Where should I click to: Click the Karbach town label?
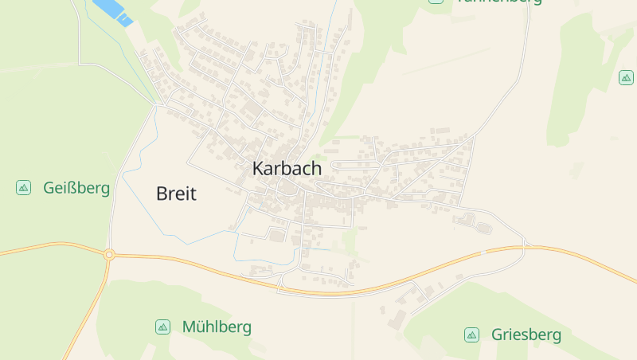click(x=287, y=169)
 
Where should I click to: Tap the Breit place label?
click(x=176, y=194)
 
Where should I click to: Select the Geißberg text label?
click(x=76, y=188)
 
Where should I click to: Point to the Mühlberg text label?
click(x=217, y=327)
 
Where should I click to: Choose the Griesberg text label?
click(x=526, y=335)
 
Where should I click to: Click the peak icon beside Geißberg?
click(x=23, y=188)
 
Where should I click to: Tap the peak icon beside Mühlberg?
click(x=162, y=327)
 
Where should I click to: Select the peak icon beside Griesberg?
click(x=471, y=335)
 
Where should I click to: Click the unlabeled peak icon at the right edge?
click(x=627, y=77)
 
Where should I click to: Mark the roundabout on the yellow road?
click(x=109, y=255)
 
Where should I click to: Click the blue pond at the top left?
click(x=112, y=11)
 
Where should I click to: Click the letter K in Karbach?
click(x=258, y=169)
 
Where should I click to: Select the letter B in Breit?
click(x=162, y=194)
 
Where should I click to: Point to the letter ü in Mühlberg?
click(x=201, y=327)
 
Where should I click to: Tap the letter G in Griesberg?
click(x=498, y=335)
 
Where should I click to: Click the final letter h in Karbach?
click(x=316, y=169)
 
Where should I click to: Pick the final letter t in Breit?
click(x=192, y=194)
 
